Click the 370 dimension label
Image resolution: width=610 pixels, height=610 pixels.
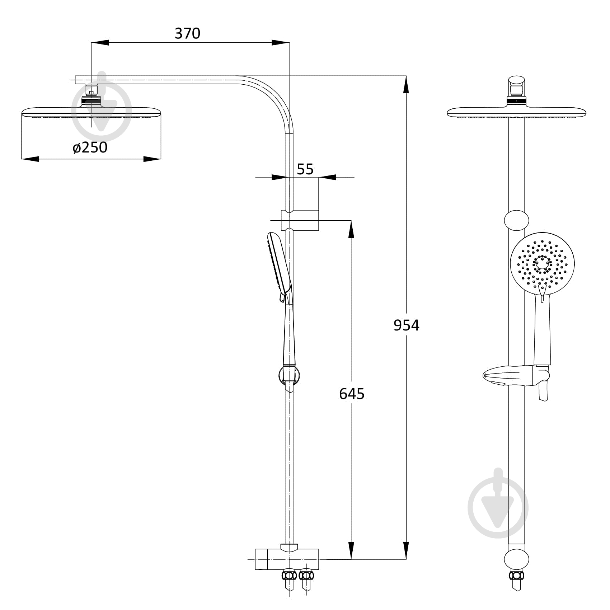(187, 33)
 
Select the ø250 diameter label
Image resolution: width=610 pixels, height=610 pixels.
(90, 147)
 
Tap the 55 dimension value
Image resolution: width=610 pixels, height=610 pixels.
(305, 169)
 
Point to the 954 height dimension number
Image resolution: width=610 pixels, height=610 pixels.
(406, 325)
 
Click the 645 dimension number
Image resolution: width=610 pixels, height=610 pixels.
(352, 394)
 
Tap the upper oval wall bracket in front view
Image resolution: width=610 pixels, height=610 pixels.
(516, 220)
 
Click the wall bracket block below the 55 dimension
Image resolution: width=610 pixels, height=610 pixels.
(300, 220)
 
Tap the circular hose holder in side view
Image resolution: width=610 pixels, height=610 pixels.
(289, 376)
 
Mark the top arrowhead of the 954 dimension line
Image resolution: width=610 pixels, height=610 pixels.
(406, 85)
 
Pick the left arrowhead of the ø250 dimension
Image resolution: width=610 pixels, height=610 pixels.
(30, 159)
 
